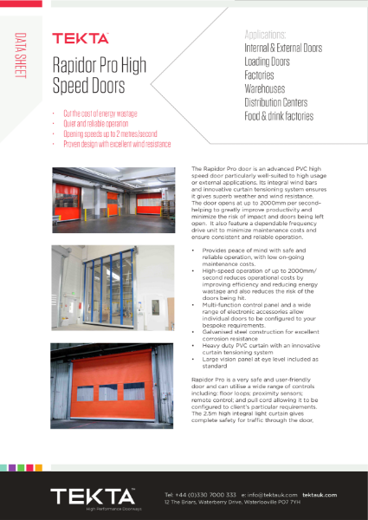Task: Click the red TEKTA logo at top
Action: (81, 39)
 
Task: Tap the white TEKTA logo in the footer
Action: (90, 496)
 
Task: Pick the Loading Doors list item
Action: (268, 62)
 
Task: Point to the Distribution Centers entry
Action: (282, 102)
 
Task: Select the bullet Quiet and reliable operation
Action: (94, 123)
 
